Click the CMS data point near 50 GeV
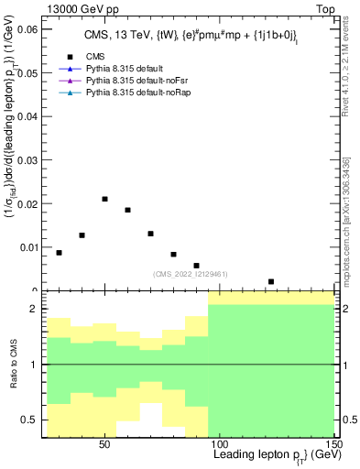105,199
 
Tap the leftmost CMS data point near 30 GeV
60,253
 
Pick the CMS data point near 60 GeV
128,210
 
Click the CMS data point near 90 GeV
197,266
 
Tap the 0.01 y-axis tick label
28,246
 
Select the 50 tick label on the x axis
105,444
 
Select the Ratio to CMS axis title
12,365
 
